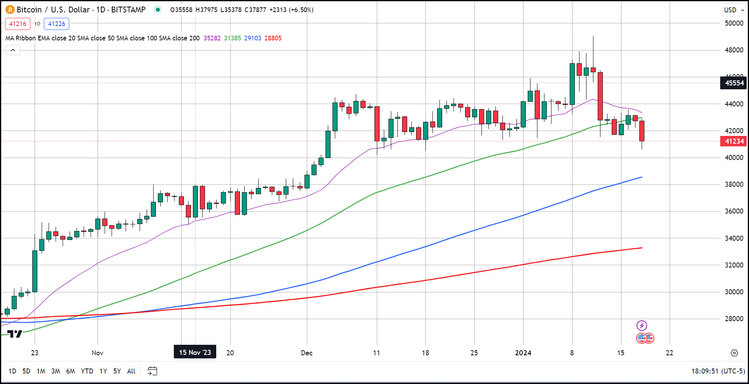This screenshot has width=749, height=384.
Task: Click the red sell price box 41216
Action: tap(17, 24)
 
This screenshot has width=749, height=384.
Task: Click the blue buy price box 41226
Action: tap(56, 24)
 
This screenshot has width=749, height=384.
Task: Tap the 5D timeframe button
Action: tap(26, 371)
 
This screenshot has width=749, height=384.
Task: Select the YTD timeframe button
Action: tap(87, 371)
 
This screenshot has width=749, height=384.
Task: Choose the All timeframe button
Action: tap(131, 371)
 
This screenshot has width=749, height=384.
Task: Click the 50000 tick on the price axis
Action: tap(734, 23)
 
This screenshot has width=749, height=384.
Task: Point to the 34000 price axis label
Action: tap(734, 238)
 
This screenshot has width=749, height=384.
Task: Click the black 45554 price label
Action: tap(733, 83)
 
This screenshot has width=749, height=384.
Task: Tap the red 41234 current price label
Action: tap(733, 141)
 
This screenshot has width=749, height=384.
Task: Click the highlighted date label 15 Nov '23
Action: tap(195, 352)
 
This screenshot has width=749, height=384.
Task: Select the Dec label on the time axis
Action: tap(306, 353)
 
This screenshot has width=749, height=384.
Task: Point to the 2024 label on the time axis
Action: tap(523, 353)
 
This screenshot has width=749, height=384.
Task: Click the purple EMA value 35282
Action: tap(212, 38)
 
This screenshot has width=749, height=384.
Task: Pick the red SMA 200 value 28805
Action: tap(273, 38)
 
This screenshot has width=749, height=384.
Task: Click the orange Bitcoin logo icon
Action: tap(10, 10)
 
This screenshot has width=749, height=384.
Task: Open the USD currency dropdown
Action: tap(733, 10)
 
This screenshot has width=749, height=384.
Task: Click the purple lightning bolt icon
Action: tap(642, 325)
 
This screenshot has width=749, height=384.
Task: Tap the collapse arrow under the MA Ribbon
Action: tap(13, 50)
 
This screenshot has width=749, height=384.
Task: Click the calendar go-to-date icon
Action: tap(152, 371)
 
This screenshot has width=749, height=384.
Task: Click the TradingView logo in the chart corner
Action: tap(15, 334)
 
